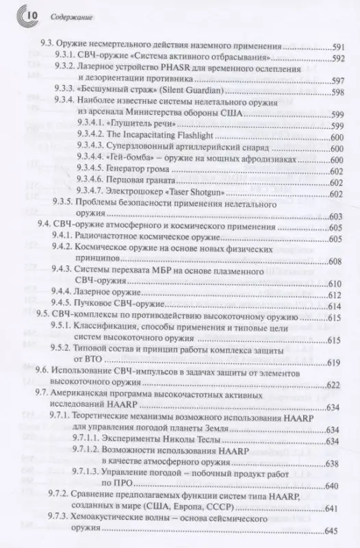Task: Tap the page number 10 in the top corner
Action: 16,12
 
